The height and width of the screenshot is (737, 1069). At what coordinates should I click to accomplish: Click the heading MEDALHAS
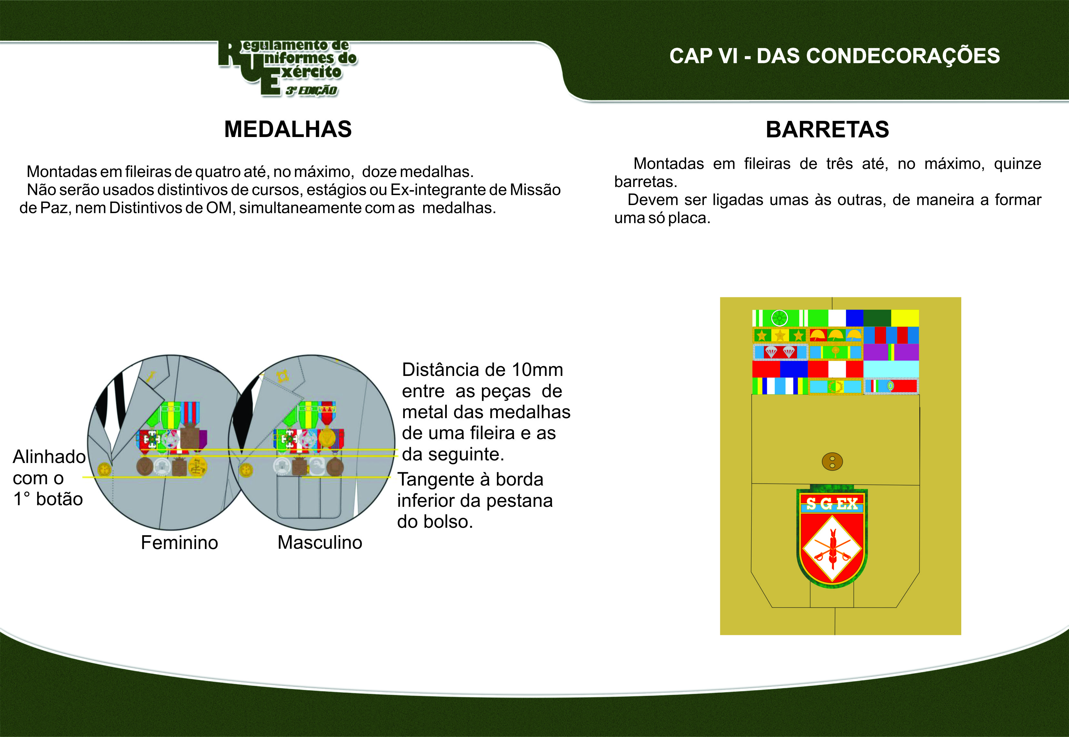(x=288, y=129)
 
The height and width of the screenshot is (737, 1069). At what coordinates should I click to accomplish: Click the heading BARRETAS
(x=827, y=130)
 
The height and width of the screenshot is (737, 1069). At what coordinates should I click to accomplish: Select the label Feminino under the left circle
(x=179, y=543)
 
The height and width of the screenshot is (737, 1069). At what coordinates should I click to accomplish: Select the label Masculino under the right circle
(x=320, y=543)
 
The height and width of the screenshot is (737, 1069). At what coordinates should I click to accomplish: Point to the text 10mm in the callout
(x=537, y=370)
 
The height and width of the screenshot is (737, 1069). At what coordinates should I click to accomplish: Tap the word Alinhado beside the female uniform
(x=49, y=457)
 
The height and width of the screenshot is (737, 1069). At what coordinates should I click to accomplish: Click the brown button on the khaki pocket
(x=832, y=461)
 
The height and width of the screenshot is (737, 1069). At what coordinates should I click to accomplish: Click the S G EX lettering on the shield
(x=832, y=504)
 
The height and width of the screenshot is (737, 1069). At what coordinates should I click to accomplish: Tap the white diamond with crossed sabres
(x=832, y=548)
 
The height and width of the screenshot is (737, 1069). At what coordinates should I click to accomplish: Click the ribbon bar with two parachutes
(x=780, y=352)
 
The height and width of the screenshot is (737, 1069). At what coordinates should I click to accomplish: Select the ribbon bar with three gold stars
(x=780, y=335)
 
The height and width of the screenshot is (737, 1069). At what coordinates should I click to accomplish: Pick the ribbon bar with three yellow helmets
(x=835, y=335)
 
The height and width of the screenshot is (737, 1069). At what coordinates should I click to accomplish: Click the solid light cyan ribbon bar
(x=891, y=369)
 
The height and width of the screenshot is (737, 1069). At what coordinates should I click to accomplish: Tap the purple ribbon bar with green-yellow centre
(x=891, y=352)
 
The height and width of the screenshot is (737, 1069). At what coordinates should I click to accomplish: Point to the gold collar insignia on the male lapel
(x=282, y=376)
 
